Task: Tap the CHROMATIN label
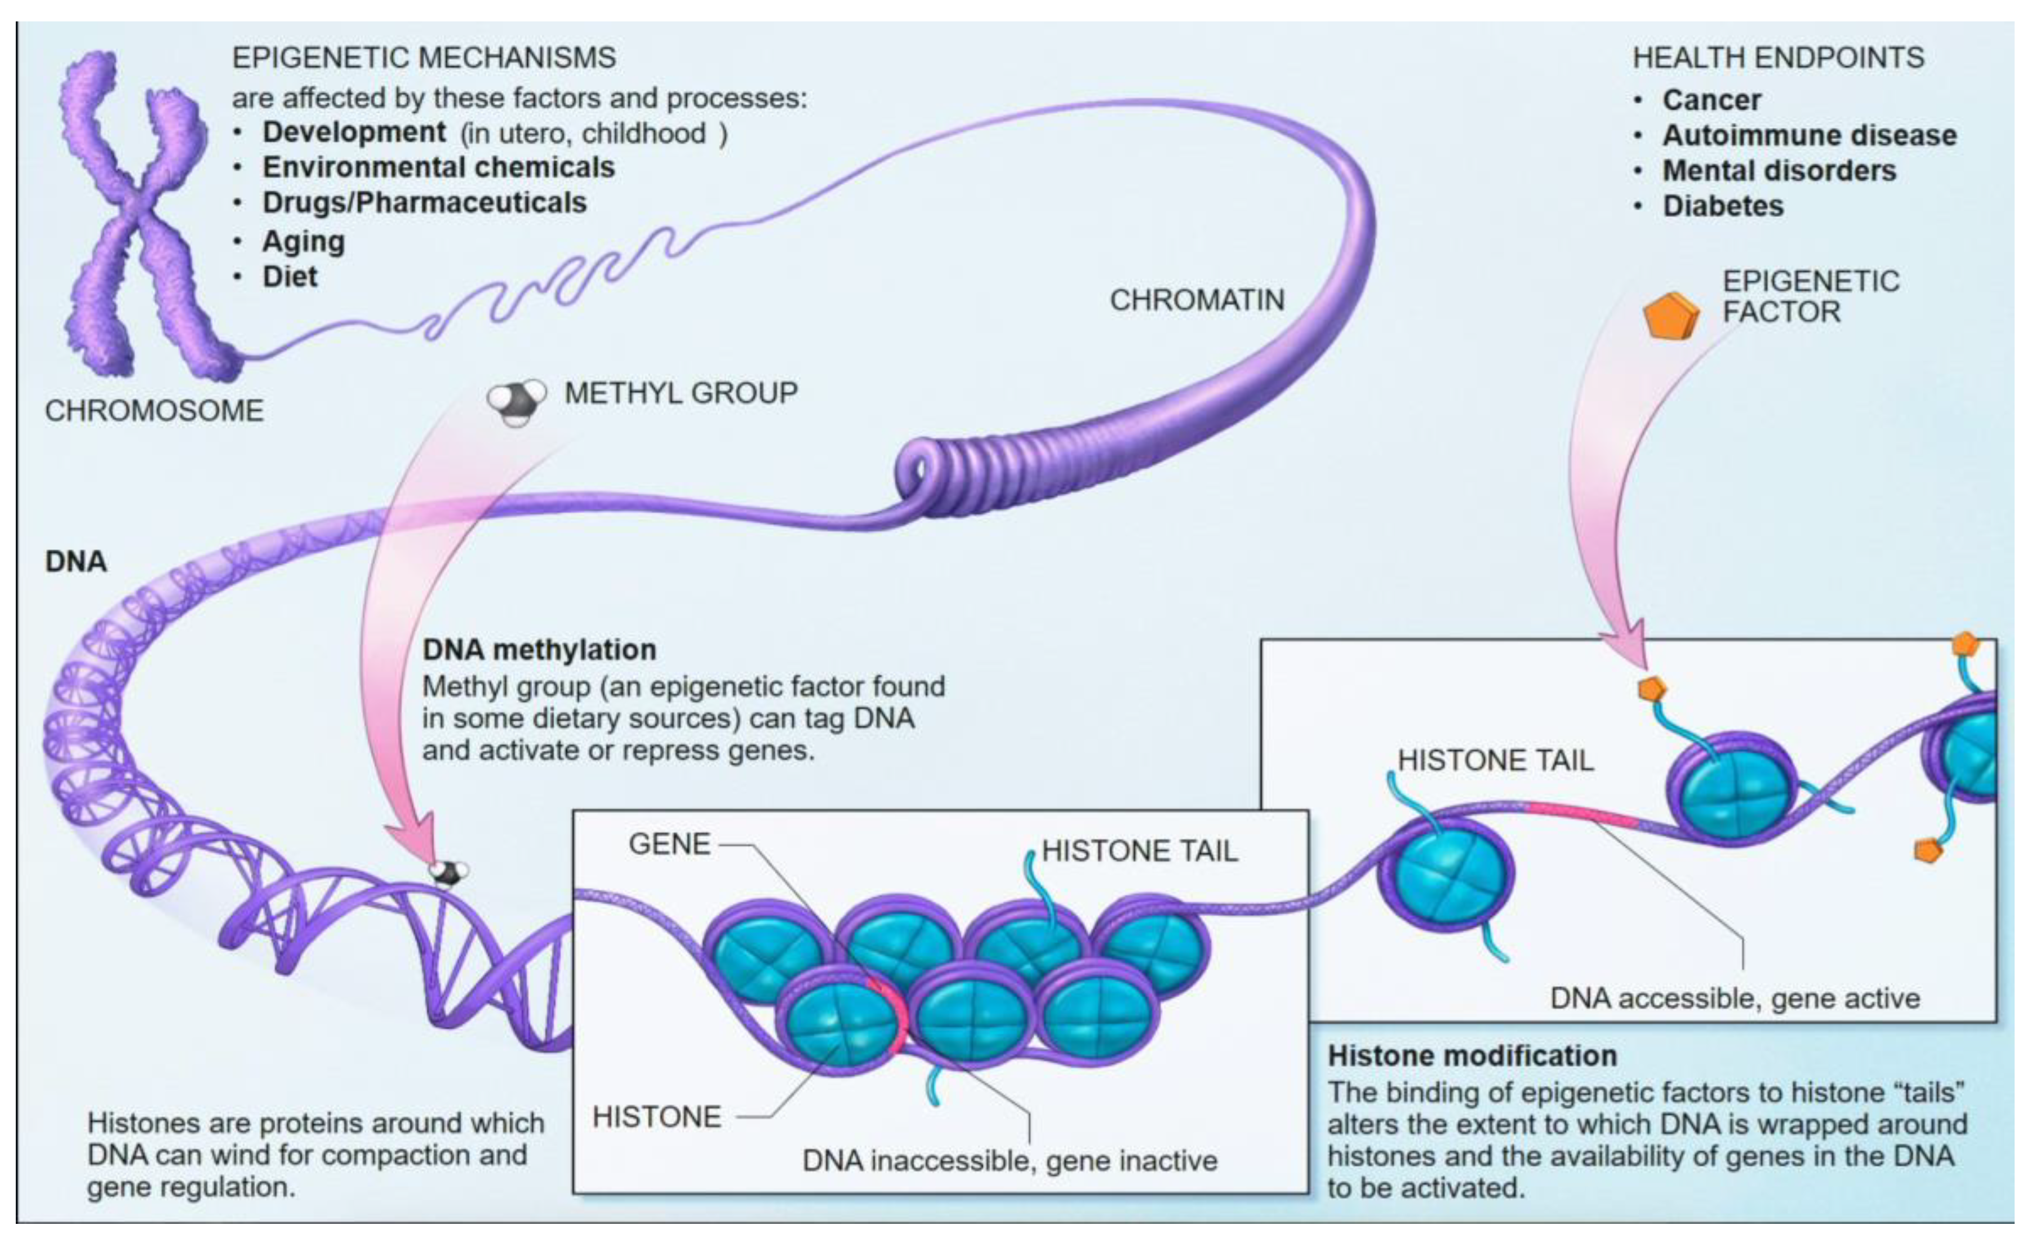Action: (1197, 300)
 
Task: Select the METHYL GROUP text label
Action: (681, 393)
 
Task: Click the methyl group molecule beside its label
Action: (517, 401)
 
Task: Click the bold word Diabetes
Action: (1723, 206)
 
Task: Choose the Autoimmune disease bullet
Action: (1809, 135)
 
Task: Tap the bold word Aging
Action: (303, 241)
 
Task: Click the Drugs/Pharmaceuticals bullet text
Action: (424, 202)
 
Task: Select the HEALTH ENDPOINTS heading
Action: (1778, 57)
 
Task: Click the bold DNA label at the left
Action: (75, 562)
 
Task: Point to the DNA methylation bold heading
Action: (539, 650)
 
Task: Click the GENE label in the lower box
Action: (669, 844)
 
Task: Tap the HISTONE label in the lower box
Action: (656, 1116)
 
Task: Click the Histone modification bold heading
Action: (1472, 1055)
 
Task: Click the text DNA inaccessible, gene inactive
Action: (1010, 1161)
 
